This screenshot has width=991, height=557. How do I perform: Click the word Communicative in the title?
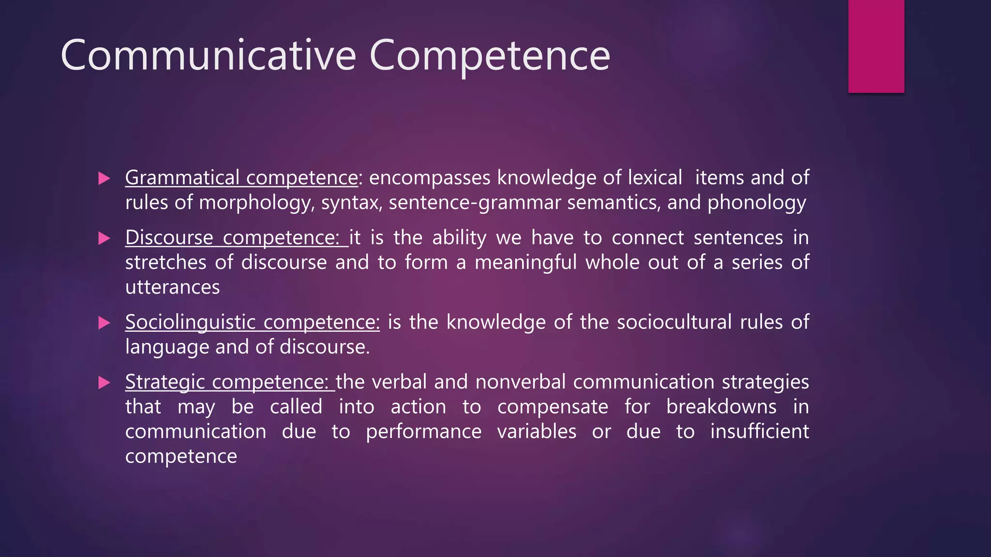tap(208, 56)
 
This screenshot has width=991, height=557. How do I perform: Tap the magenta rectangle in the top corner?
tap(876, 46)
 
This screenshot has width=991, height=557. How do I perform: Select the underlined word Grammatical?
tap(182, 178)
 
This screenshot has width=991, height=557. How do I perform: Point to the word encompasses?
tap(430, 178)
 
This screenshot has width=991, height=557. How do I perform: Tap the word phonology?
tap(757, 203)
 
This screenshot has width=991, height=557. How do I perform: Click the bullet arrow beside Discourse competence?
tap(104, 238)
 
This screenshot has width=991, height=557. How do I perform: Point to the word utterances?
tap(172, 287)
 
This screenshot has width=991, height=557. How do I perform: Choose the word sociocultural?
tap(674, 322)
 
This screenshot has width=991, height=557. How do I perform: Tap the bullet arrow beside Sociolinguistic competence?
tap(104, 322)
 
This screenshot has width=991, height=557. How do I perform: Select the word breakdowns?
tap(721, 407)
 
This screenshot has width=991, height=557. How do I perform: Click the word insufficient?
tap(759, 431)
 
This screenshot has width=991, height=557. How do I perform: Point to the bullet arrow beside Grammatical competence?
tap(104, 178)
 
